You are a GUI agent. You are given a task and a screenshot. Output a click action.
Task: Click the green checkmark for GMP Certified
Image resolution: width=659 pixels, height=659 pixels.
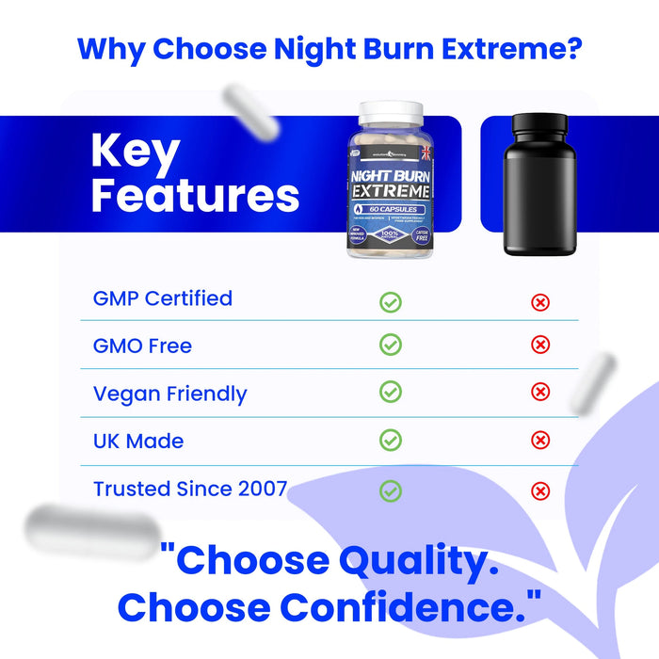point(391,302)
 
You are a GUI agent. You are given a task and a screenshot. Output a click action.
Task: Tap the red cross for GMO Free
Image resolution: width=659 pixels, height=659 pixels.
point(540,346)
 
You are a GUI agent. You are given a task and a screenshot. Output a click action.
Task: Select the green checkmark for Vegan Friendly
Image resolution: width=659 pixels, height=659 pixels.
point(391,392)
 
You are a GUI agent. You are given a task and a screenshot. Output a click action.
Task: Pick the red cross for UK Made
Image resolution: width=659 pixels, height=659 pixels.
point(540,440)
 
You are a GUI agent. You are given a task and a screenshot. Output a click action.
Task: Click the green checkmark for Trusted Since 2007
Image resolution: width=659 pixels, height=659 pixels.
point(391,490)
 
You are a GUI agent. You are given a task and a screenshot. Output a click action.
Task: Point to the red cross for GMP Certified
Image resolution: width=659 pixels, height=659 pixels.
point(540,302)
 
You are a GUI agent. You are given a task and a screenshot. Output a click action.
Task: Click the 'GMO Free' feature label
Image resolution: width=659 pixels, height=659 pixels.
point(142,346)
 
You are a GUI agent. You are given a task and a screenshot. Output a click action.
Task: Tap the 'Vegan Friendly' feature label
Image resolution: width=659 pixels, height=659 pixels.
point(169,394)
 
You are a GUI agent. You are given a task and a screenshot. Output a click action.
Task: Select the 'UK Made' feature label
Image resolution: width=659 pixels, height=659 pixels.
point(138,441)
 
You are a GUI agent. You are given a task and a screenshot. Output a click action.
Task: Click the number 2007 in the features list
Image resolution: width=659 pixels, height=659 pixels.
point(258,489)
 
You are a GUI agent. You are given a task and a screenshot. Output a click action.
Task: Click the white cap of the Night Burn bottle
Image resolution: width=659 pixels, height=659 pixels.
point(391,112)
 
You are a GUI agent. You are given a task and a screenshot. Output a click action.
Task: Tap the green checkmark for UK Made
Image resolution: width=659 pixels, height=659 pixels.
point(391,440)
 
